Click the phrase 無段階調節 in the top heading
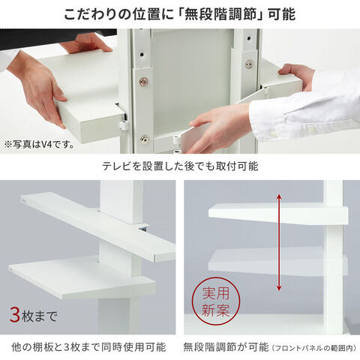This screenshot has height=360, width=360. coord(220,14)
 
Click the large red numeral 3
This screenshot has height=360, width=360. coord(15,316)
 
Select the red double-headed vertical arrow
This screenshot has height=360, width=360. coord(279,242)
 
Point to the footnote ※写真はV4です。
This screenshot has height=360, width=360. coord(39,145)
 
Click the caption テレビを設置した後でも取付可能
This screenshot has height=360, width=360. coord(180,166)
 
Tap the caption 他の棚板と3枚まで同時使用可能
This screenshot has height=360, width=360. coord(88,347)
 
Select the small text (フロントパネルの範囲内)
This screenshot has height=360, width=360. coord(314,348)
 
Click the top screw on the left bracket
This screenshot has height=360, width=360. coord(143,81)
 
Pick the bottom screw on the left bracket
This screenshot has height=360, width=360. coord(144,139)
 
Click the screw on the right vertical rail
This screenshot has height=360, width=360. coord(249,64)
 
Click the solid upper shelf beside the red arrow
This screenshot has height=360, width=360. coord(278,214)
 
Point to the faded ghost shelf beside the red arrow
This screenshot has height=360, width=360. coord(278,261)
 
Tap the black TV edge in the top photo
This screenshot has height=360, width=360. coord(58,37)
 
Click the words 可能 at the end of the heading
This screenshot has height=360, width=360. coord(281,14)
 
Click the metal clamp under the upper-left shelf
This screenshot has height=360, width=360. coord(144,228)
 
